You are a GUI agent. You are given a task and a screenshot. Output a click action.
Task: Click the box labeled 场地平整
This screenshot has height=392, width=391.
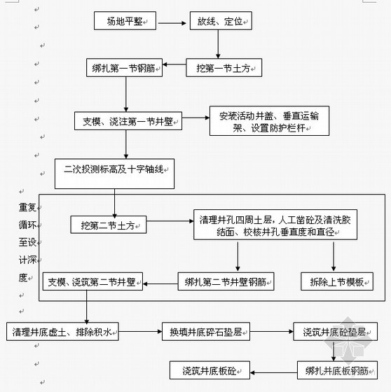point(125,21)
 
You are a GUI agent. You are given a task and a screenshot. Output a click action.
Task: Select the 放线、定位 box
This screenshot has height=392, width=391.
point(221,21)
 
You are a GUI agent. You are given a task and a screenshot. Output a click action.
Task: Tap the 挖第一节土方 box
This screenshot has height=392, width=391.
point(224,68)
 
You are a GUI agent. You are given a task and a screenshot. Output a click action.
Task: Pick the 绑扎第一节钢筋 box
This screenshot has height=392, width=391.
point(125,68)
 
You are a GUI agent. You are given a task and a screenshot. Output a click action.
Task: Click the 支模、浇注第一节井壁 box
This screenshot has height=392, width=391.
point(128,121)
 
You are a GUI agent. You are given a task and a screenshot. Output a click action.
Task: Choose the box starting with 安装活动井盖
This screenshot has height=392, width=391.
point(269,121)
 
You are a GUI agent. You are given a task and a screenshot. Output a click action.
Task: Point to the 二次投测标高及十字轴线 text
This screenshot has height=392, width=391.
point(114,169)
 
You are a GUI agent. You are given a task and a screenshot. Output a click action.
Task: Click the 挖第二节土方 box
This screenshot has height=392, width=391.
point(109,225)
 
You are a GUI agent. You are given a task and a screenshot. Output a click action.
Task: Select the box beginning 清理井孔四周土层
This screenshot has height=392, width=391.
point(275,225)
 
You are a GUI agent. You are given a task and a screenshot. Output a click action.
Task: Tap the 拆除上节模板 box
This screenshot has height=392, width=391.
point(337,281)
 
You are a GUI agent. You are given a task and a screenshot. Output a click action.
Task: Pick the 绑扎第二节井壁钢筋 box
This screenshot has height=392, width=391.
point(226,281)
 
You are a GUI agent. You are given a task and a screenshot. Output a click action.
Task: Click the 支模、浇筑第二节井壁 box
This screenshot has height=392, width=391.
point(92,281)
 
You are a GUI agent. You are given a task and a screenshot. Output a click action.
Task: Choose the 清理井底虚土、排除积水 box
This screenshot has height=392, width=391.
point(62,332)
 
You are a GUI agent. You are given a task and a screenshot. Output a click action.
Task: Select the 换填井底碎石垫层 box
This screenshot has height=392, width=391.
point(206,332)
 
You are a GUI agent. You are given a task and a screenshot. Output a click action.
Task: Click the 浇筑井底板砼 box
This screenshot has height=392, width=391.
point(210,370)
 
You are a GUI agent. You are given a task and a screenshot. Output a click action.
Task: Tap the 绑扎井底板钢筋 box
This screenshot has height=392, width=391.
point(337,370)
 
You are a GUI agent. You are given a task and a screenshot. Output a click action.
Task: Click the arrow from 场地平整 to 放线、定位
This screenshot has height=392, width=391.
point(172,23)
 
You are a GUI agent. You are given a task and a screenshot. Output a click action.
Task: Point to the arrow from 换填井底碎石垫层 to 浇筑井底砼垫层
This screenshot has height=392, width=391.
point(272,332)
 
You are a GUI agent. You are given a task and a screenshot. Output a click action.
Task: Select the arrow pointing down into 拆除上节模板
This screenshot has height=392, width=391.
point(334,256)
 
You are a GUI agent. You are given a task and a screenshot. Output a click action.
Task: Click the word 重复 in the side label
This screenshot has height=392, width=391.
point(27,207)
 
